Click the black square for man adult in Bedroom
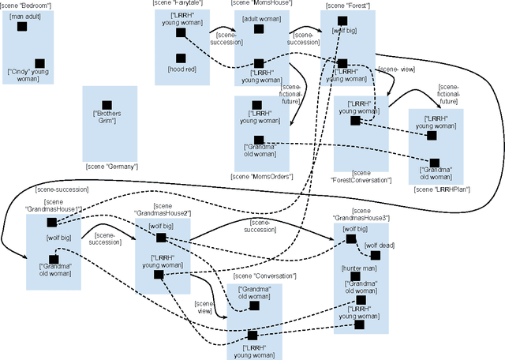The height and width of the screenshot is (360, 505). click(x=22, y=27)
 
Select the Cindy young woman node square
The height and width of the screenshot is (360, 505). click(x=39, y=63)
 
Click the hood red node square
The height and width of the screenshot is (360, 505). click(x=181, y=58)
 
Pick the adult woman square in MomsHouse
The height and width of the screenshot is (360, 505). click(x=259, y=29)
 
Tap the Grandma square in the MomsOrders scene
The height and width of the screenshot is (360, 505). click(x=259, y=140)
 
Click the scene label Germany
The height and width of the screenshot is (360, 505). click(x=111, y=166)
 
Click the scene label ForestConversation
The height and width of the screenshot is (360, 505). click(x=361, y=176)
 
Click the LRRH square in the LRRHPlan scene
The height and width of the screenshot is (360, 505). click(x=431, y=135)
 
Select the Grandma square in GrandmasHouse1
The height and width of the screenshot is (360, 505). click(x=53, y=258)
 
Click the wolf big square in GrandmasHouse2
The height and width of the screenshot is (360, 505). click(x=160, y=238)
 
